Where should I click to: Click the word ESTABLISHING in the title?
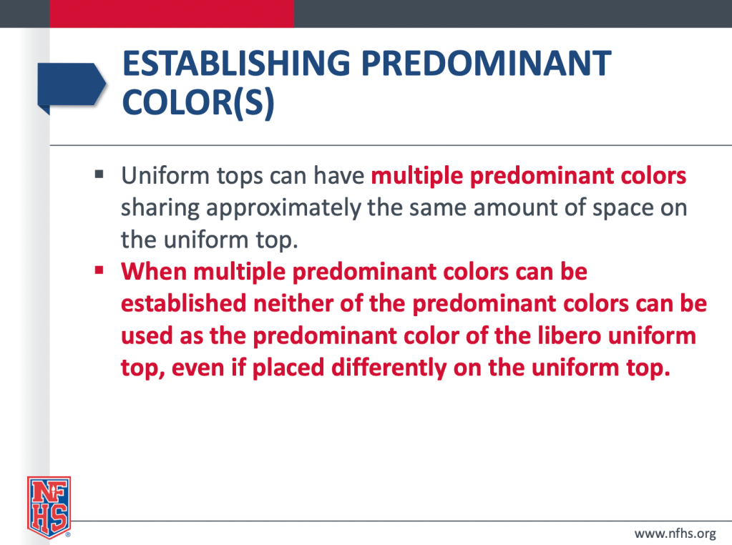pyautogui.click(x=236, y=63)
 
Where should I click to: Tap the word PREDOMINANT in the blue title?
pyautogui.click(x=486, y=63)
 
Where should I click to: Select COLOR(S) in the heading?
pyautogui.click(x=198, y=103)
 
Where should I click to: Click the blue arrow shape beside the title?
pyautogui.click(x=72, y=87)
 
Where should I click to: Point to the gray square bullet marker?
pyautogui.click(x=99, y=175)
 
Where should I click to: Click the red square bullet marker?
pyautogui.click(x=99, y=270)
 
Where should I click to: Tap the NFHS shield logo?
pyautogui.click(x=49, y=507)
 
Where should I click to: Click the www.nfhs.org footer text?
pyautogui.click(x=675, y=534)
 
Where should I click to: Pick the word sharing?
pyautogui.click(x=160, y=208)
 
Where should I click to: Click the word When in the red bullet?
pyautogui.click(x=154, y=271)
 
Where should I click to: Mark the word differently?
pyautogui.click(x=389, y=368)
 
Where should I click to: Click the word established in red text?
pyautogui.click(x=183, y=303)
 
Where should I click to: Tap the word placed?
pyautogui.click(x=288, y=368)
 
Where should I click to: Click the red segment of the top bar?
pyautogui.click(x=172, y=14)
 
